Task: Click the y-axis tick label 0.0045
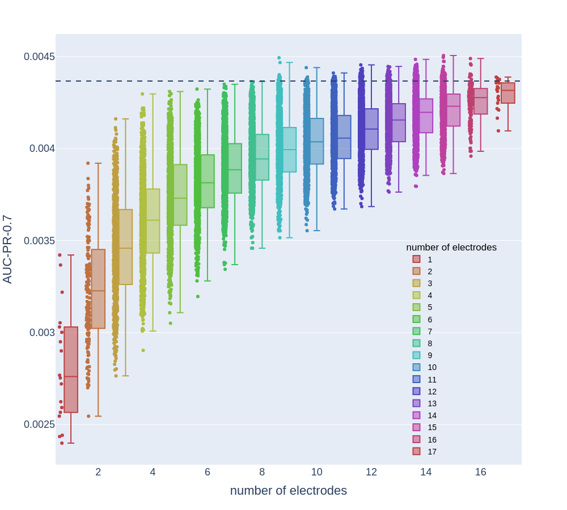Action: (x=39, y=57)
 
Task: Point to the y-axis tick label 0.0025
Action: (x=39, y=424)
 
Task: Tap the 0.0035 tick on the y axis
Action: (x=39, y=241)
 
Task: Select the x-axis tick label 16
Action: (x=480, y=472)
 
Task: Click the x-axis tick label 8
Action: (x=262, y=472)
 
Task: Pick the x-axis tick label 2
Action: (x=98, y=472)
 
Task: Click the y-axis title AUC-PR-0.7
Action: (x=7, y=249)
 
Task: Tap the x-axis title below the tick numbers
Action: (x=288, y=491)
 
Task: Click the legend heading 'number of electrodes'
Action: (x=451, y=248)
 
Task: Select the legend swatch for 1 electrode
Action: (x=416, y=260)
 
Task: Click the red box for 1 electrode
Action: (x=71, y=369)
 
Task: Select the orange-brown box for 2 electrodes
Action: (x=98, y=289)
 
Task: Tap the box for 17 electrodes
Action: (x=508, y=93)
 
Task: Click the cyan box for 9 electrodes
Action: (x=289, y=150)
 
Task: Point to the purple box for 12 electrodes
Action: (x=371, y=129)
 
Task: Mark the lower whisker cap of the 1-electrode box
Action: (x=71, y=443)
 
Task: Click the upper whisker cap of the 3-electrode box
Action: (x=125, y=119)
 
